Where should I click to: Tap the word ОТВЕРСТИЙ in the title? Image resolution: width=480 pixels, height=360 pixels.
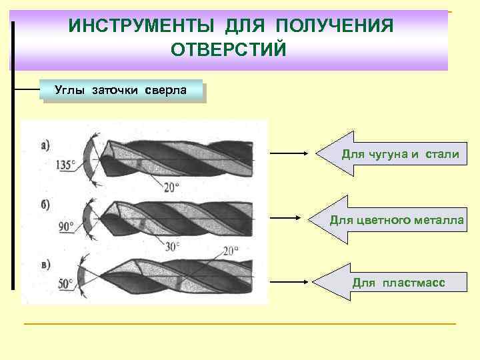229,50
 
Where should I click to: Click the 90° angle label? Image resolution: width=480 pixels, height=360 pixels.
66,227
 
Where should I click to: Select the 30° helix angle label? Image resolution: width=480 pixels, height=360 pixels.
173,246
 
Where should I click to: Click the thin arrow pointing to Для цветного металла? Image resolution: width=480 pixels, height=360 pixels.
287,218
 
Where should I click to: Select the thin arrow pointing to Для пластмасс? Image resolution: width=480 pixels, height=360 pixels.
287,280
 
